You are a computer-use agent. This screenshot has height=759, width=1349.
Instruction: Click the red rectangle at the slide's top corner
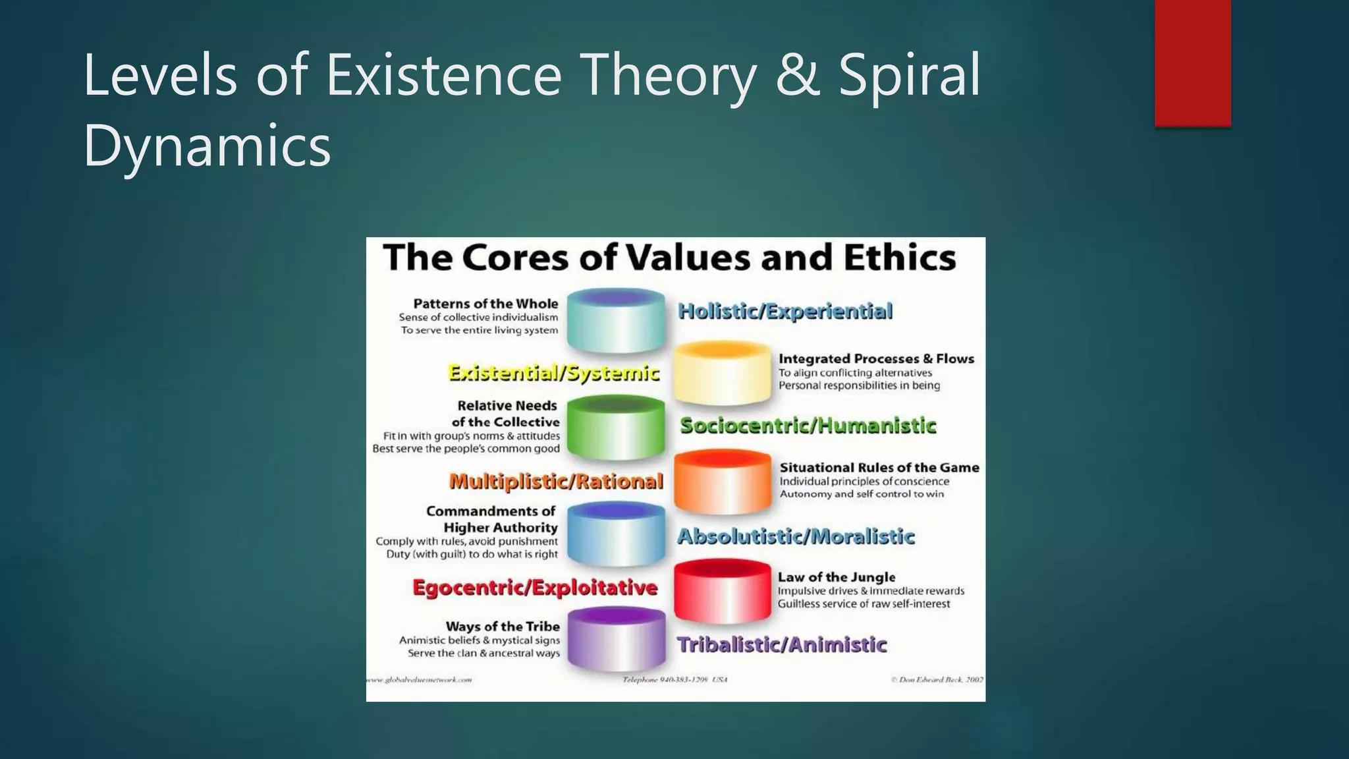coord(1192,63)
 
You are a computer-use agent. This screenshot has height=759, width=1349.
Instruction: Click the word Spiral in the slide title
coord(909,76)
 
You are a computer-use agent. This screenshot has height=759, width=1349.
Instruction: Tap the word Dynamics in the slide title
coord(207,146)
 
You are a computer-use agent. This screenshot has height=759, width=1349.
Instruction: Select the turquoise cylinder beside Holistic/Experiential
coord(616,321)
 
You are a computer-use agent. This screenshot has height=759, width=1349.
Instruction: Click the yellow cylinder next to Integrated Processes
coord(722,373)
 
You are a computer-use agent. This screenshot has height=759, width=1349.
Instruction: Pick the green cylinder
coord(616,427)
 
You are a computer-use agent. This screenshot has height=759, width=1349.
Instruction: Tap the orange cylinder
coord(723,482)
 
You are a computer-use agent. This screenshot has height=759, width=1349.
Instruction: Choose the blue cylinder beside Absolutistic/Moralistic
coord(616,534)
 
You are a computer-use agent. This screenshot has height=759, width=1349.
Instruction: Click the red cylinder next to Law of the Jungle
coord(723,590)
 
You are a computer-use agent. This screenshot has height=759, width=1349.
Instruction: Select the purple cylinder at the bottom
coord(616,639)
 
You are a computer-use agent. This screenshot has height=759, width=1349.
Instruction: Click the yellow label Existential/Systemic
coord(553,373)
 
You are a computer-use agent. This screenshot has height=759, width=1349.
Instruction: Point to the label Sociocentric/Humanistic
coord(808,426)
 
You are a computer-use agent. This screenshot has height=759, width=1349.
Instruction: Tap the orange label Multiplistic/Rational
coord(556,482)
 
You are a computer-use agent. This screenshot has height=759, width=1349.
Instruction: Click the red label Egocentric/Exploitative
coord(535,587)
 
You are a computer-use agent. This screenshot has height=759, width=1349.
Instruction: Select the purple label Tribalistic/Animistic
coord(782,644)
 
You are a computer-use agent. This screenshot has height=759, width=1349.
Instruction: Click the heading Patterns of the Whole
coord(485,304)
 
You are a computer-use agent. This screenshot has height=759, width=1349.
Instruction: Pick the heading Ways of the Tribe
coord(503,626)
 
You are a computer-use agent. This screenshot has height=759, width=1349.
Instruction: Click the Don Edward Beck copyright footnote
coord(937,679)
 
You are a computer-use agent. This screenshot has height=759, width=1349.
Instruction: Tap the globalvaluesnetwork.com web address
coord(419,679)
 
